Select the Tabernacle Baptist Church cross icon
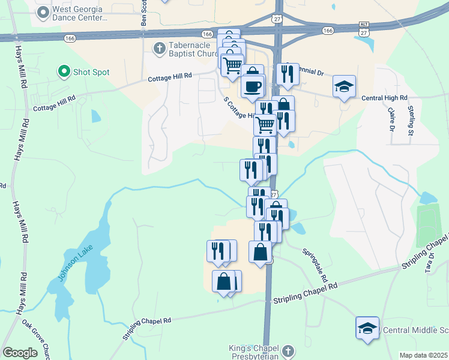pos(159,48)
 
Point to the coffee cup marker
pos(252,86)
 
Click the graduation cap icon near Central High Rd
pos(344,88)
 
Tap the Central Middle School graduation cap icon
pos(367,329)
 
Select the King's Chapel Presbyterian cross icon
pos(288,350)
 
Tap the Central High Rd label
pos(384,97)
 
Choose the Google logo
pos(20,353)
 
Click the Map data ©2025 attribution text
pos(423,355)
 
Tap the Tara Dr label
pos(430,263)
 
